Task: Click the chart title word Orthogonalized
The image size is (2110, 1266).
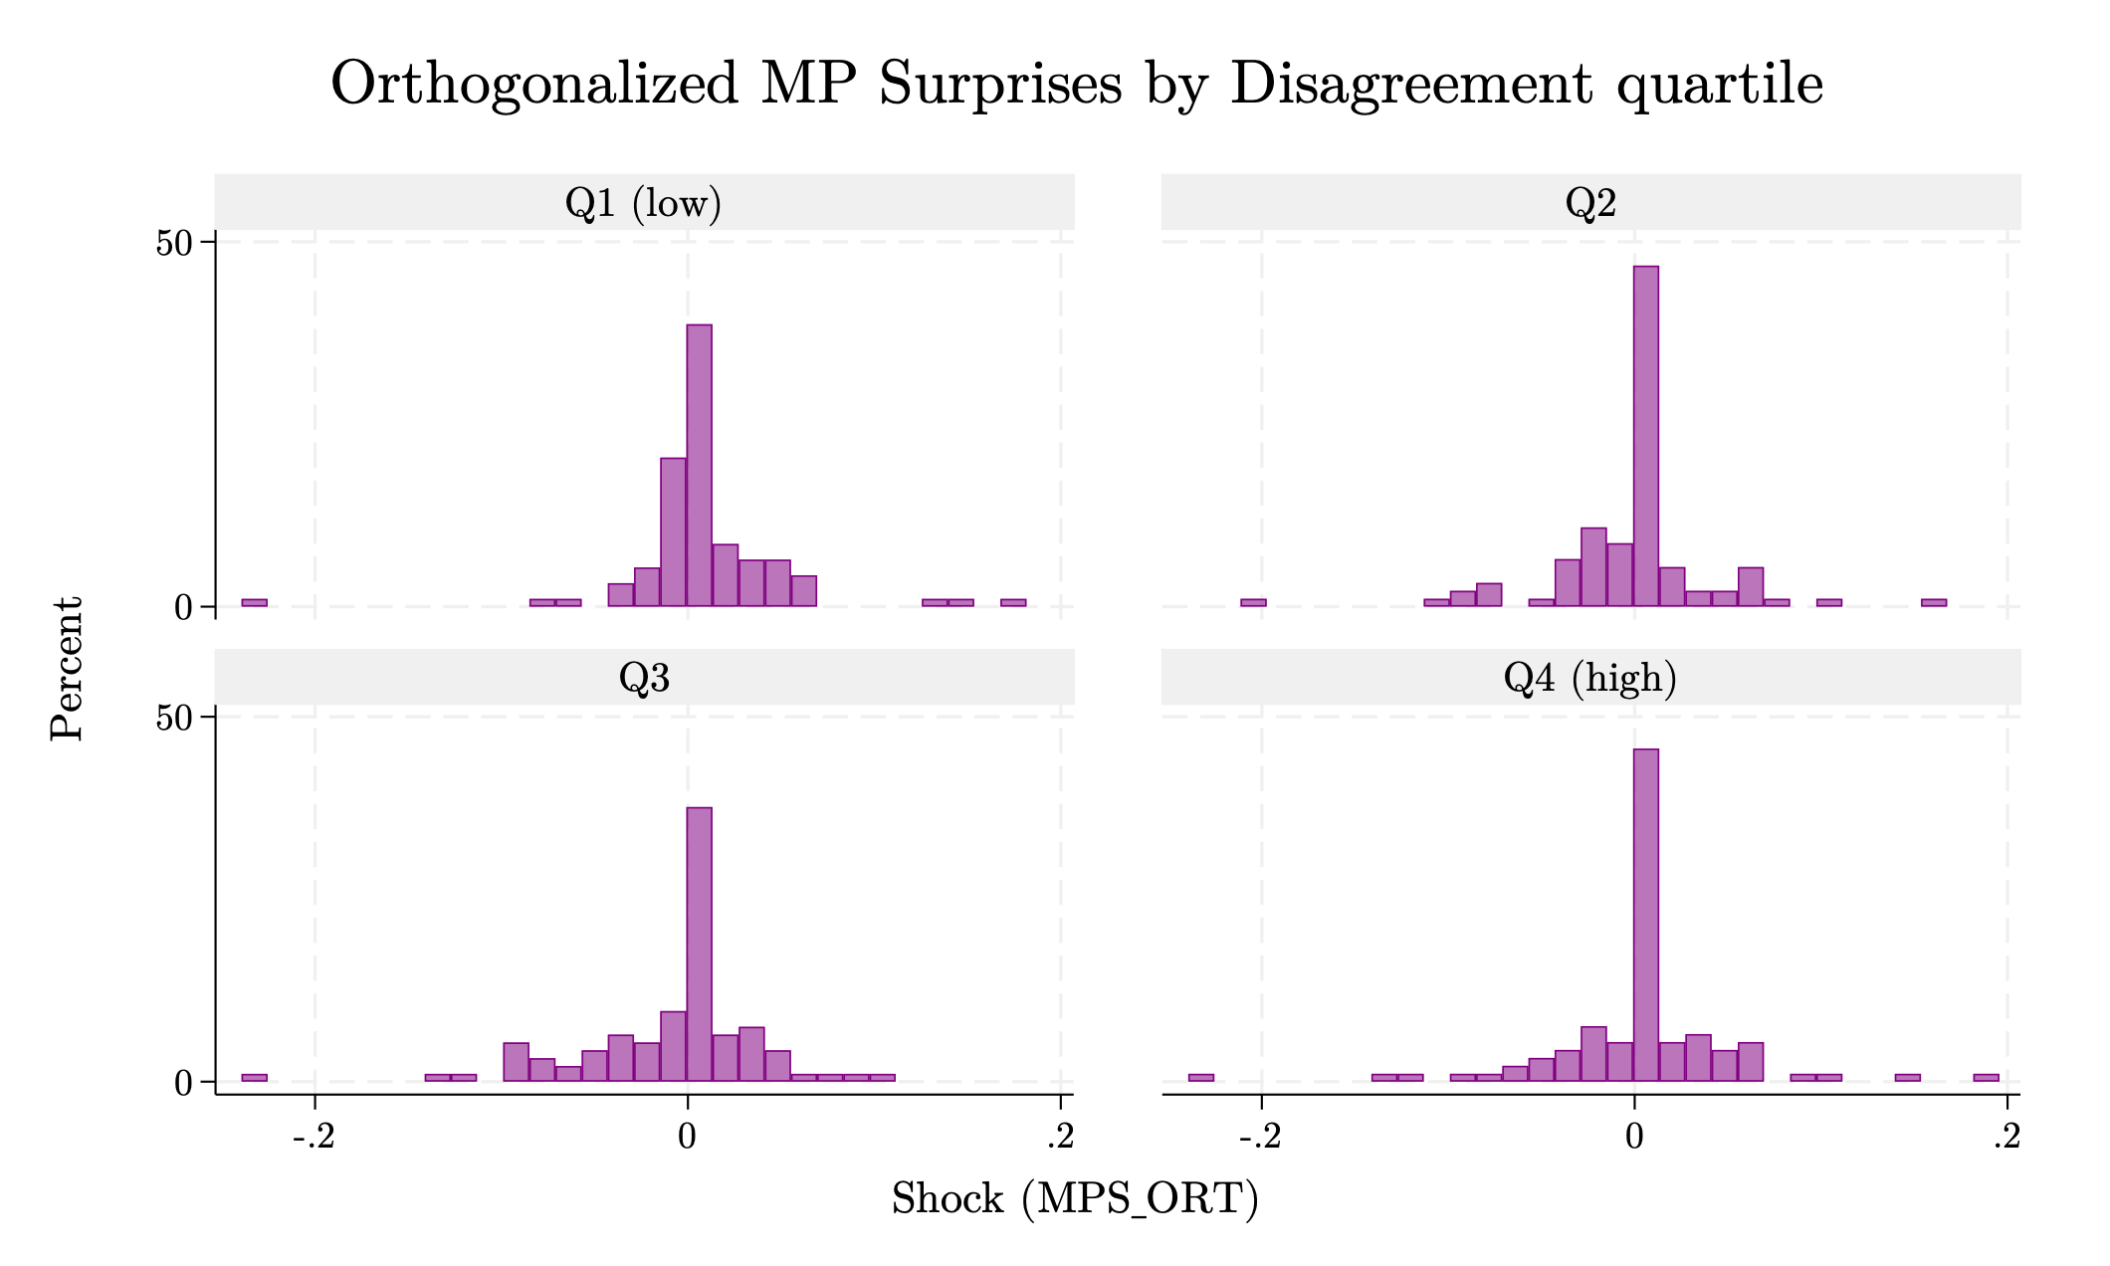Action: [x=534, y=84]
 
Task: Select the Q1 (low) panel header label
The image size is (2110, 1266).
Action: [x=643, y=203]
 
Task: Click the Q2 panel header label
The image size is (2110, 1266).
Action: [x=1590, y=203]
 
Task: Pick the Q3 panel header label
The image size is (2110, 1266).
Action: [x=644, y=678]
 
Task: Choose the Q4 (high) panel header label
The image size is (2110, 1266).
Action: [x=1590, y=678]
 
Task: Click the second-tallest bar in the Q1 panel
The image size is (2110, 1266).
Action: [x=673, y=531]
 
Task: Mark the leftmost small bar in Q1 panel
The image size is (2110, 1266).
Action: [x=254, y=602]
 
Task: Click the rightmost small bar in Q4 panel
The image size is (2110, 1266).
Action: [x=1986, y=1077]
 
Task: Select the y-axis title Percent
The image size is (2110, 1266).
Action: [x=68, y=668]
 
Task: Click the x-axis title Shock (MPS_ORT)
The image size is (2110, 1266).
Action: [x=1075, y=1199]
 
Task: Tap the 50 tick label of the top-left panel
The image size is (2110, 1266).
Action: [x=173, y=243]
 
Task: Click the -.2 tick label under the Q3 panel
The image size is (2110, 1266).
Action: [x=314, y=1137]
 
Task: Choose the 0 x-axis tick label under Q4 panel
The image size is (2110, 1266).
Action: [x=1634, y=1137]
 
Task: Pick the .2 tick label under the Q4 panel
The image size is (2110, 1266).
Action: [x=2005, y=1137]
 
